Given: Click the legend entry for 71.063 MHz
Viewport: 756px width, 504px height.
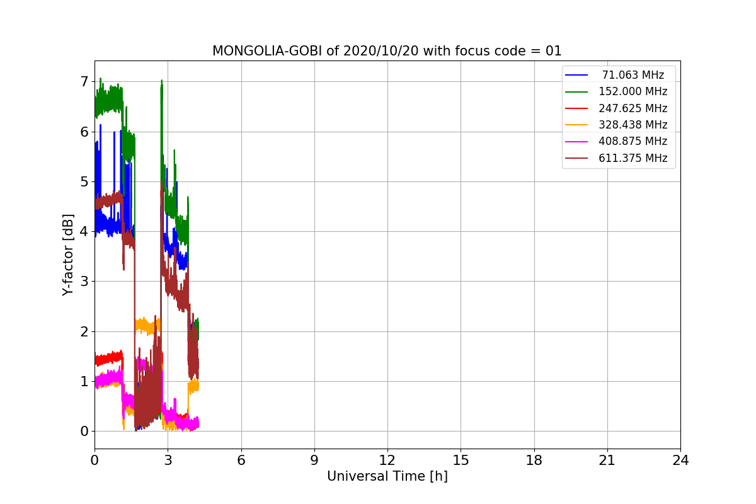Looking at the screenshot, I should [x=633, y=75].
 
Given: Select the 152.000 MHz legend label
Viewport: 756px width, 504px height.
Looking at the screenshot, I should [x=633, y=91].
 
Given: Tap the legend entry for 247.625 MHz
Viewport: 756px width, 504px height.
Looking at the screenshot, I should [x=633, y=108].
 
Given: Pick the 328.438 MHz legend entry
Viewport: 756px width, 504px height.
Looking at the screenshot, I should [x=633, y=125].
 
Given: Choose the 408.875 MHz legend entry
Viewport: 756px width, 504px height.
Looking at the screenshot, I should [x=633, y=141].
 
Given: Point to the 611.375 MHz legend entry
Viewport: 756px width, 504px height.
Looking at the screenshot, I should [x=633, y=158].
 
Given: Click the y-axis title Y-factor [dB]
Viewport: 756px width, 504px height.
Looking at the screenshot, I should [x=69, y=255].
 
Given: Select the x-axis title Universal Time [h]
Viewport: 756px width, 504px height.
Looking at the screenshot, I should [x=387, y=477].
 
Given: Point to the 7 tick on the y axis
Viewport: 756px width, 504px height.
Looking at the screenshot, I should [x=84, y=81].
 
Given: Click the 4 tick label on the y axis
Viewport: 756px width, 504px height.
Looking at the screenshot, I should [x=84, y=231].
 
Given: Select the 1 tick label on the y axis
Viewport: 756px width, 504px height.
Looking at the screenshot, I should [x=84, y=381].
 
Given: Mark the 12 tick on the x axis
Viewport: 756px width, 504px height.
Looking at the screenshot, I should [x=387, y=461].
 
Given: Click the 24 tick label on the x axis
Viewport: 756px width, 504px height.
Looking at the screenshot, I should [x=680, y=461].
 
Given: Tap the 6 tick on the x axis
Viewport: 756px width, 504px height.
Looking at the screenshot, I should [x=241, y=461].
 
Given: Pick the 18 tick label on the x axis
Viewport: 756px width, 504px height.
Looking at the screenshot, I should [x=534, y=461].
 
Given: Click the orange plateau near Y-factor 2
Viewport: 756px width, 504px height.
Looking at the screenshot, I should [x=148, y=326].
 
